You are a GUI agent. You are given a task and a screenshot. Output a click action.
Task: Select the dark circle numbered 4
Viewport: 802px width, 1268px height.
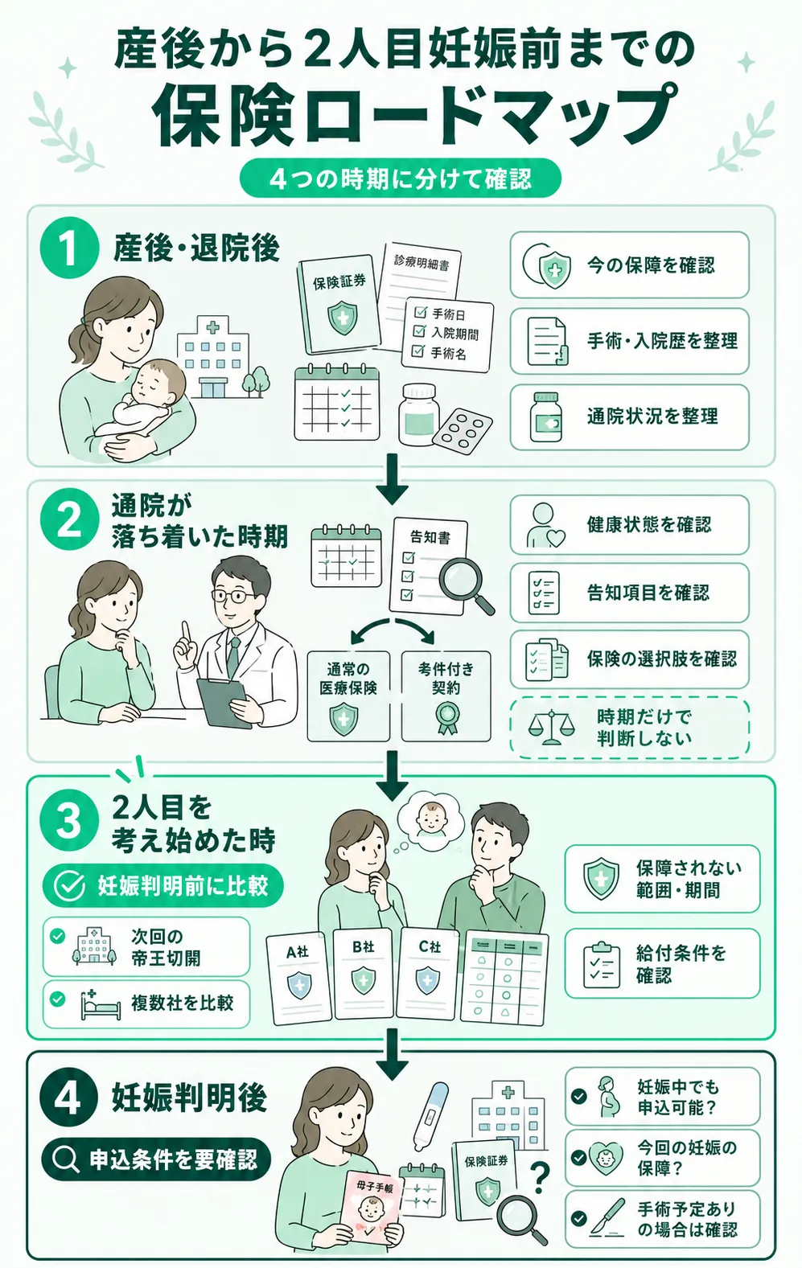68,1101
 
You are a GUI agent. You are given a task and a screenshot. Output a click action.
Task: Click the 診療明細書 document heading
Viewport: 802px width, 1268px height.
422,261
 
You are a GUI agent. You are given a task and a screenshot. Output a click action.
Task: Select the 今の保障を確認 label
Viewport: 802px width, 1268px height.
651,265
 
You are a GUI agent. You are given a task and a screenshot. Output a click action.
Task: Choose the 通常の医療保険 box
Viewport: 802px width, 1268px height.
348,696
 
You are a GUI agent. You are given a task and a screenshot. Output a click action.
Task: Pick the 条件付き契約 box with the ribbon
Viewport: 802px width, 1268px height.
446,696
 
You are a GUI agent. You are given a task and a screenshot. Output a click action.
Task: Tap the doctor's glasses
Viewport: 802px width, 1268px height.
232,596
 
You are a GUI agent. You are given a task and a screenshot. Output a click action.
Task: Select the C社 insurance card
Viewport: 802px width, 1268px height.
428,973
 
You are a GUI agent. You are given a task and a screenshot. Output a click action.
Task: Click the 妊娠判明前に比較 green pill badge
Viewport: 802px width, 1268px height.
162,886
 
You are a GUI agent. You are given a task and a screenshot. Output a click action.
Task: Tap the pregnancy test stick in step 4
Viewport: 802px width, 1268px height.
430,1116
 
